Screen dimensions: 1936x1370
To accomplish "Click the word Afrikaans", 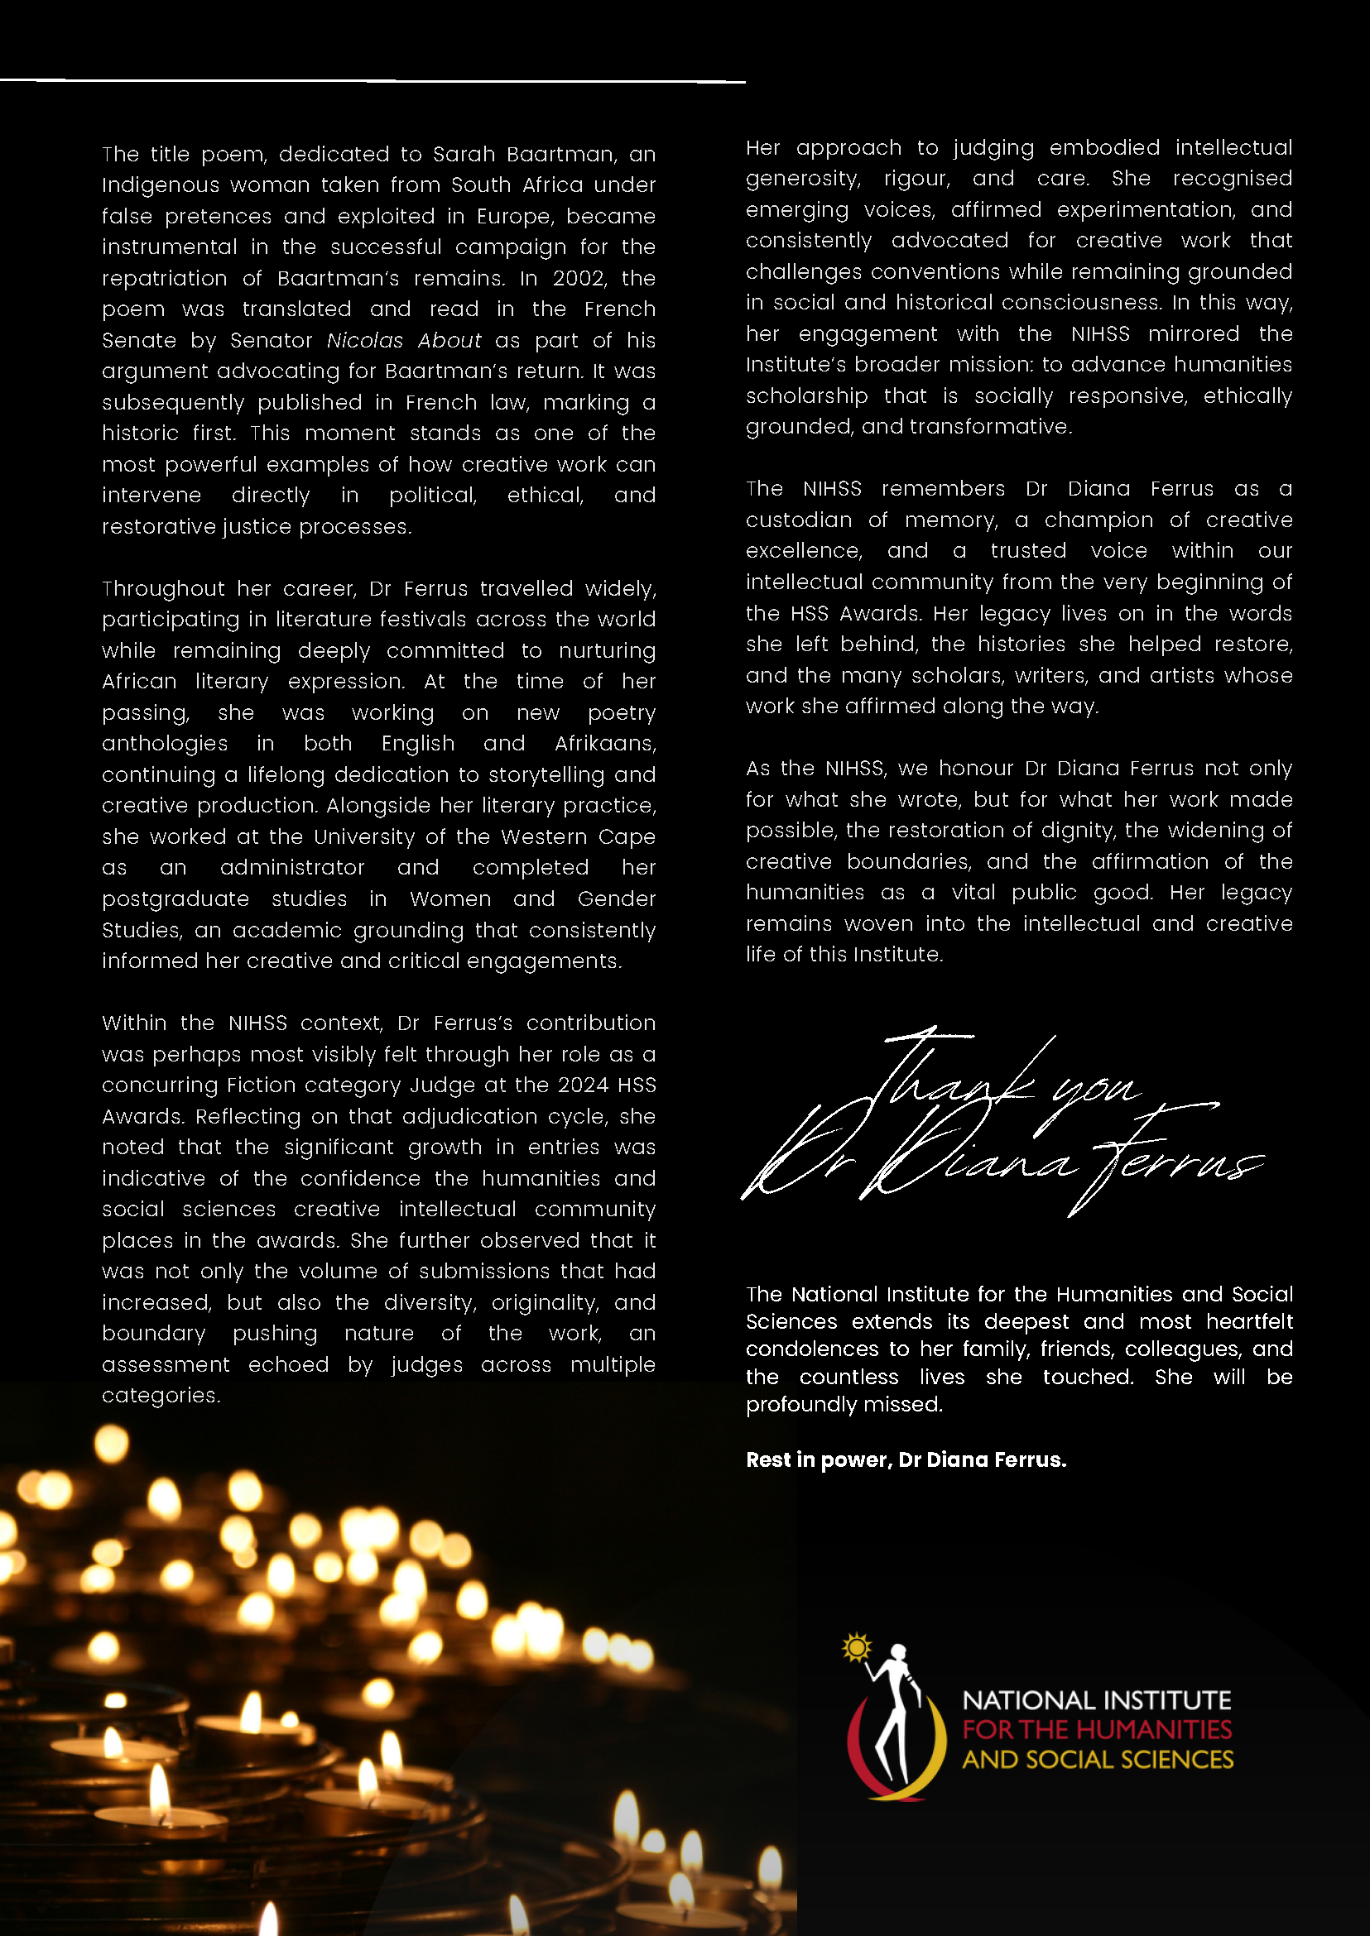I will click(x=604, y=744).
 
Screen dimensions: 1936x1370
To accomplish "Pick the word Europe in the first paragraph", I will click(x=513, y=217).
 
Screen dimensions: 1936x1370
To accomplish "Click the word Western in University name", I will click(x=544, y=837).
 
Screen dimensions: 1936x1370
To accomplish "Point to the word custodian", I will click(x=798, y=520).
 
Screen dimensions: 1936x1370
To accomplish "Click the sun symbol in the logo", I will click(x=856, y=1646).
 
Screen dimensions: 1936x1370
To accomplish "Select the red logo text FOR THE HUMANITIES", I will click(x=1097, y=1730).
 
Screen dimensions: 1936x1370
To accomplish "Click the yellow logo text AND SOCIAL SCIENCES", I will click(x=1098, y=1760).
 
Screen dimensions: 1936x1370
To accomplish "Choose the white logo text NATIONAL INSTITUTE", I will click(x=1097, y=1701).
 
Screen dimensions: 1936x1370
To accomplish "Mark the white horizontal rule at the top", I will click(x=371, y=81).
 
